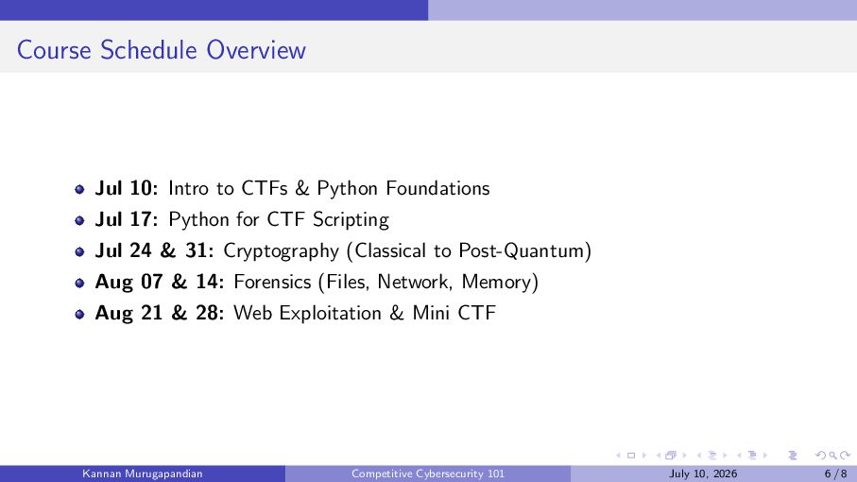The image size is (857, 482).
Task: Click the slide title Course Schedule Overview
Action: coord(162,50)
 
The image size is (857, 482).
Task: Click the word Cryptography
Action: coord(282,251)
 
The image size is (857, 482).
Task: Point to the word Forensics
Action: coord(272,282)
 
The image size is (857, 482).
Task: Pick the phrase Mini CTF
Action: coord(454,313)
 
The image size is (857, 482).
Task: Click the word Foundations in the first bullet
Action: coord(437,188)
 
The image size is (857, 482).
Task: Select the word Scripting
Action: coord(351,220)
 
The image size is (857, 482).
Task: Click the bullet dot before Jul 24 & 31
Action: coord(79,252)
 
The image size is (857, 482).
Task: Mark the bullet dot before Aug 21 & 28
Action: coord(79,314)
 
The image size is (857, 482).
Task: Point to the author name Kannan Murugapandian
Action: coord(143,473)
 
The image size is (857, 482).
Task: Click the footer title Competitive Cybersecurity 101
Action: coord(428,473)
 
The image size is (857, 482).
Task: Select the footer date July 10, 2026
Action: coord(703,473)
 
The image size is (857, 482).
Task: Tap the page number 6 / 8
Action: coord(835,473)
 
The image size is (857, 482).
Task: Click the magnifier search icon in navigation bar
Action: coord(832,456)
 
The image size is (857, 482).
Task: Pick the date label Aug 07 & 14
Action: coord(160,282)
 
